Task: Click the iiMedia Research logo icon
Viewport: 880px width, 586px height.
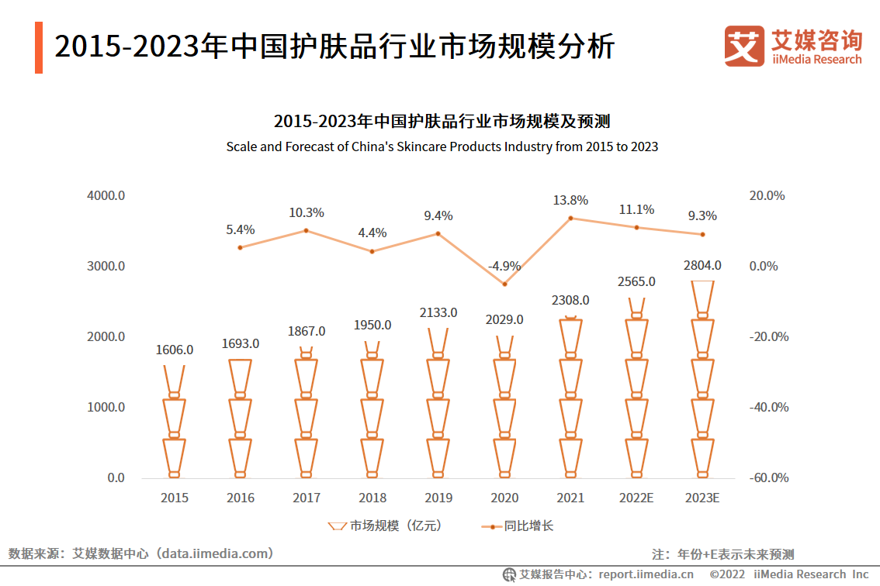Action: tap(744, 47)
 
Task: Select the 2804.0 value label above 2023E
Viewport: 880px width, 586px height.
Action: tap(702, 265)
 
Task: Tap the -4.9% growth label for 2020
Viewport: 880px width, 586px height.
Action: tap(504, 267)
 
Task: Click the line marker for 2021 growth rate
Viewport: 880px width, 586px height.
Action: tap(570, 218)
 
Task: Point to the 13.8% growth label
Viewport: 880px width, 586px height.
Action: tap(570, 200)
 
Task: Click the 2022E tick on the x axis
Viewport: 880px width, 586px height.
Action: tap(636, 498)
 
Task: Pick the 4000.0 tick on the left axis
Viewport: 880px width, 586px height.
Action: tap(106, 196)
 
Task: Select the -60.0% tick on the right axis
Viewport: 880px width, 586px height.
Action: tap(768, 478)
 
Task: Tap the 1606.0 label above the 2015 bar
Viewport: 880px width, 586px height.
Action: tap(175, 350)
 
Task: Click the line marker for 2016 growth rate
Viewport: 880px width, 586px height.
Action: tap(241, 247)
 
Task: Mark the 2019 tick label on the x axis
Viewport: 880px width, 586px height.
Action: tap(438, 498)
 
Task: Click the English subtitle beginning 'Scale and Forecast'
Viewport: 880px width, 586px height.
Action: tap(442, 146)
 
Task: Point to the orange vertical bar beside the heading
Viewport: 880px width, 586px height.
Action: tap(39, 48)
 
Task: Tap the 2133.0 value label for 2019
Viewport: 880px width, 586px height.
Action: tap(438, 313)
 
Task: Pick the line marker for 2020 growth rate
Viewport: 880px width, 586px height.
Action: tap(504, 284)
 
